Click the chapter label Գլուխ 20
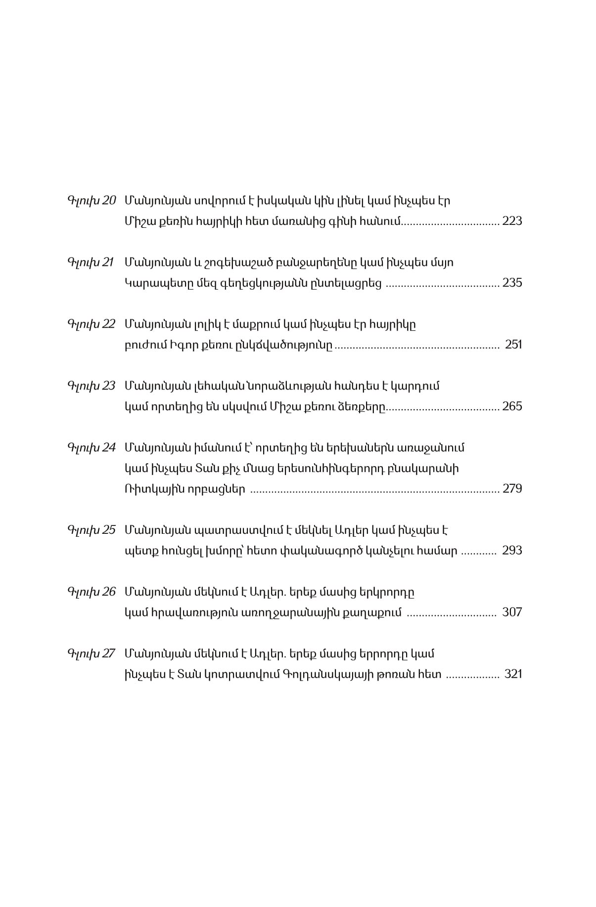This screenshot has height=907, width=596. point(91,201)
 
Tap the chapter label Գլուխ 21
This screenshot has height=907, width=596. point(91,262)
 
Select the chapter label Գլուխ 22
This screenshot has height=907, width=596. point(91,324)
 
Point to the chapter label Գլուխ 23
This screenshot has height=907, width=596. point(91,386)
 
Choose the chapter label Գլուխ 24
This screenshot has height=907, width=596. point(91,448)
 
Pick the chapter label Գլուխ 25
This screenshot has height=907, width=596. point(91,530)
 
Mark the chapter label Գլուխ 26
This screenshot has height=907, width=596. point(91,592)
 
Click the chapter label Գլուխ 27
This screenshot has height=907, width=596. point(91,653)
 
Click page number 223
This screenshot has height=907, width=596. point(512,221)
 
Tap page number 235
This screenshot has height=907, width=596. point(512,283)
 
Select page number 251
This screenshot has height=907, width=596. point(513,345)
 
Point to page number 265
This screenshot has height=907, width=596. point(512,406)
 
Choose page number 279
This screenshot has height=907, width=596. point(512,489)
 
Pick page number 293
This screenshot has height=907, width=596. point(512,551)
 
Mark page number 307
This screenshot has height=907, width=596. point(512,612)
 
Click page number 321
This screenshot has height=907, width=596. point(513,674)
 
